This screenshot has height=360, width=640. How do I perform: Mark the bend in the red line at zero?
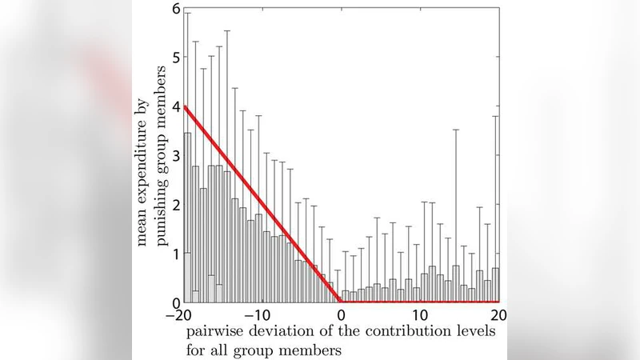point(340,302)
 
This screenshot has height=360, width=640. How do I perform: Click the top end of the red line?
point(185,106)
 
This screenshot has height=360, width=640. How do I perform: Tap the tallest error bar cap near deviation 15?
point(456,130)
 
